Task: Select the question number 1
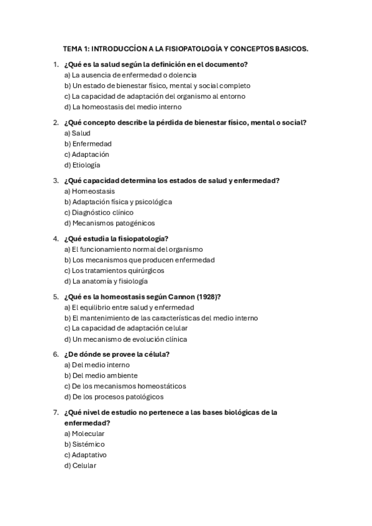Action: [x=55, y=65]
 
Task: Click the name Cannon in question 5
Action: [x=179, y=296]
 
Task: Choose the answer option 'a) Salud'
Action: [x=78, y=133]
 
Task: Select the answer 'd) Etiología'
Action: [x=82, y=165]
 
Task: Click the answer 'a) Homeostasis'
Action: [x=89, y=192]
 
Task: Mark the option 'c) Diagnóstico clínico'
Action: [x=99, y=212]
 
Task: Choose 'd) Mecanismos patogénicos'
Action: [x=109, y=223]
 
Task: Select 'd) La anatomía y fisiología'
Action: [x=106, y=281]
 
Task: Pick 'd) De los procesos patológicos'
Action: [x=114, y=396]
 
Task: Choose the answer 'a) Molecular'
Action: [x=84, y=434]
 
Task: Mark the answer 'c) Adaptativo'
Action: [x=86, y=455]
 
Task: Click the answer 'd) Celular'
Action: [x=81, y=465]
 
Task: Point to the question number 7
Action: [x=55, y=412]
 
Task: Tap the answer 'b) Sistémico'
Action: [x=84, y=444]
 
